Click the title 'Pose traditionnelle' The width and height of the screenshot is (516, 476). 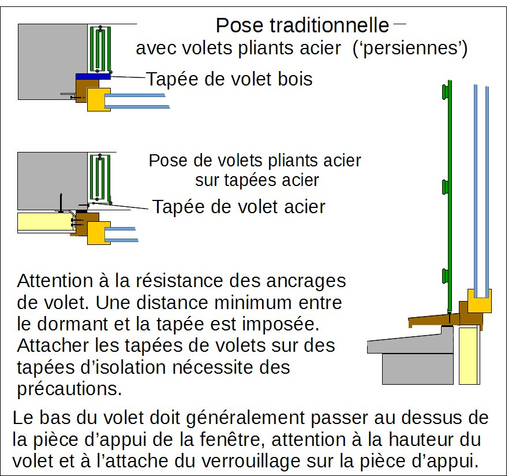[x=302, y=25]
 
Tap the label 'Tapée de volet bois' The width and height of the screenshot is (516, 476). [x=229, y=79]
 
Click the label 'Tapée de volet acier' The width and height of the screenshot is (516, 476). [x=238, y=206]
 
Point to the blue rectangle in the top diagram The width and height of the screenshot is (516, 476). [x=93, y=76]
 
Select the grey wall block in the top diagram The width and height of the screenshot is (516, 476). [x=52, y=61]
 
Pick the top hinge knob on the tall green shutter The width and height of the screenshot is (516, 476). [x=444, y=91]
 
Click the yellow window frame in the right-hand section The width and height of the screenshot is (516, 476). [x=479, y=301]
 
